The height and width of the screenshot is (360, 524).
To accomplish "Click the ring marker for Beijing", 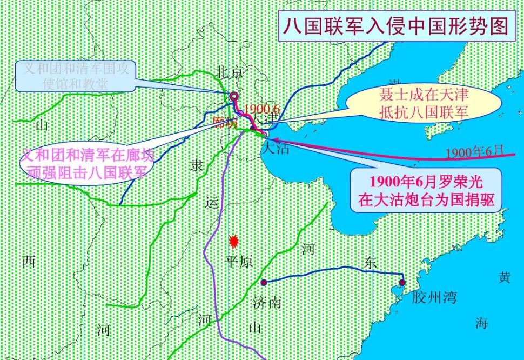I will click(234, 97).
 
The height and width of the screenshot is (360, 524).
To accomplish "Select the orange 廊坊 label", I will click(225, 122).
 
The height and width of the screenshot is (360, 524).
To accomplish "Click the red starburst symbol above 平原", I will click(234, 241).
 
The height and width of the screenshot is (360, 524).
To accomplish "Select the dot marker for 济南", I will click(264, 282).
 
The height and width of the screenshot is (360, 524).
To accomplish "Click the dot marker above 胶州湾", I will click(402, 282).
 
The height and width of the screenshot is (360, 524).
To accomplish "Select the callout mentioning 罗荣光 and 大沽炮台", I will click(425, 190).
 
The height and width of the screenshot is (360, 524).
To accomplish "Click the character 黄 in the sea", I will click(504, 277).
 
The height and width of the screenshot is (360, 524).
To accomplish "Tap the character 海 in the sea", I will click(481, 323).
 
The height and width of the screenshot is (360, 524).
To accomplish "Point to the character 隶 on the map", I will click(197, 165).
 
